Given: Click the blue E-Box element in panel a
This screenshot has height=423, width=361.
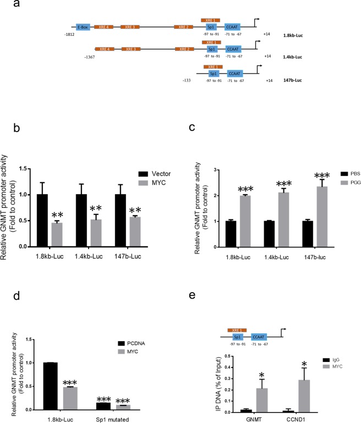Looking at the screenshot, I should pos(84,26).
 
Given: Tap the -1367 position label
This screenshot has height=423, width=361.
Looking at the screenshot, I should pos(90,57).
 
